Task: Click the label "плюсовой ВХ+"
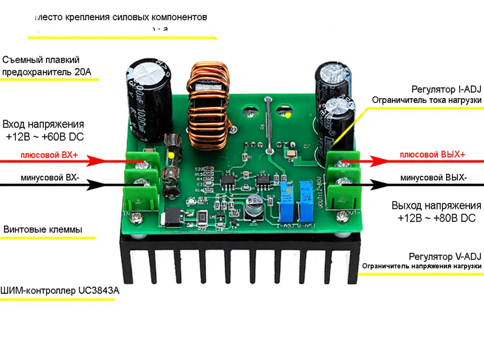49,155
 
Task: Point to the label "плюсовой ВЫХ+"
432,155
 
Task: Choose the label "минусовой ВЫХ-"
434,178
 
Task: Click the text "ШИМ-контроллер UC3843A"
60,291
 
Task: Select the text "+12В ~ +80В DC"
437,218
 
